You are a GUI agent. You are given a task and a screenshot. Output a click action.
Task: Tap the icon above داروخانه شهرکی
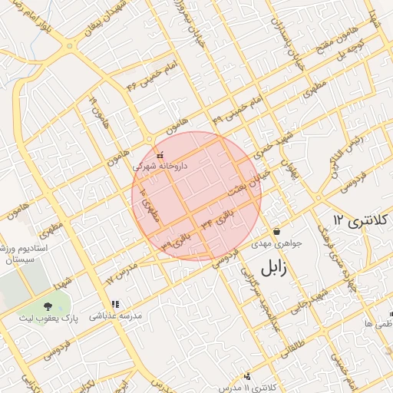point(159,155)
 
